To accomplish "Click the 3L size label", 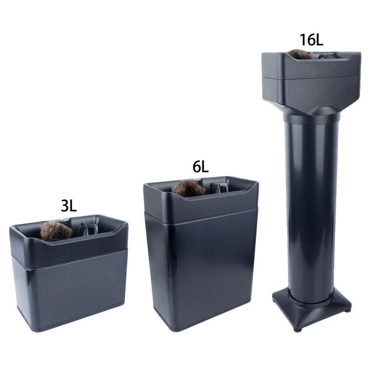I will point(69,206).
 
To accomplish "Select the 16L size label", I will point(311,40).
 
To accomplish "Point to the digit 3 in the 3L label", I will point(64,206).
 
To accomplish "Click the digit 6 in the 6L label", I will point(196,166).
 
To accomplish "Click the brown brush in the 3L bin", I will point(55,232).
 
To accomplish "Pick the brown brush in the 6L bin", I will point(188,187).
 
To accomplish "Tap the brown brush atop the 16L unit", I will point(299,54).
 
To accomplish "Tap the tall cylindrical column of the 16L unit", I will point(311,205).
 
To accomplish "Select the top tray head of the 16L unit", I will point(311,79).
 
